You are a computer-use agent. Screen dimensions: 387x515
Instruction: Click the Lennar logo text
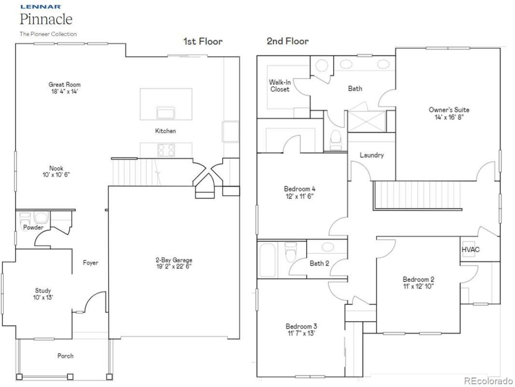coord(40,6)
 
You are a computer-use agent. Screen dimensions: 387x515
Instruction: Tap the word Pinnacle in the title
coord(46,19)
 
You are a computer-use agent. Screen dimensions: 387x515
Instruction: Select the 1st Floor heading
coord(203,41)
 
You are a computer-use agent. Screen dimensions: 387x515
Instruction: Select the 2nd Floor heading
coord(288,41)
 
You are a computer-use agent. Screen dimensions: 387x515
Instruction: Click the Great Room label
coord(64,85)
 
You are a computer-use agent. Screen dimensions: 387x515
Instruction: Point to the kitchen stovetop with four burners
coord(166,150)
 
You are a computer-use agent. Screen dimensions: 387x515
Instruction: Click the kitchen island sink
coord(166,113)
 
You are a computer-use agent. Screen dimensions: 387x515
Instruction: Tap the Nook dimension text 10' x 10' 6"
coord(56,175)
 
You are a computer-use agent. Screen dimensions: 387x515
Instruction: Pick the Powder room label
coord(33,228)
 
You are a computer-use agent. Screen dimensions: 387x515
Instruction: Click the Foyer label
coord(91,263)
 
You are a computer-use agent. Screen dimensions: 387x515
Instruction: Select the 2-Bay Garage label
coord(174,260)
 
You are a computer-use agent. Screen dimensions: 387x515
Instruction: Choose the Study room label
coord(43,290)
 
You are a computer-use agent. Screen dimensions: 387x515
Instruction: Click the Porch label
coord(65,356)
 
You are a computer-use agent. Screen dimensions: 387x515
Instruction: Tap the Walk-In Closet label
coord(280,86)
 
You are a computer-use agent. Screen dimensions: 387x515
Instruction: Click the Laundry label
coord(371,155)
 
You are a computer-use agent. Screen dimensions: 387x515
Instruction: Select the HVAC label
coord(470,250)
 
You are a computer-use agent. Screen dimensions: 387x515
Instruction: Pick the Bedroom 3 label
coord(301,326)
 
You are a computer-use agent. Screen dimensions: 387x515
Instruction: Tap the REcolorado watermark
coord(488,381)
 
